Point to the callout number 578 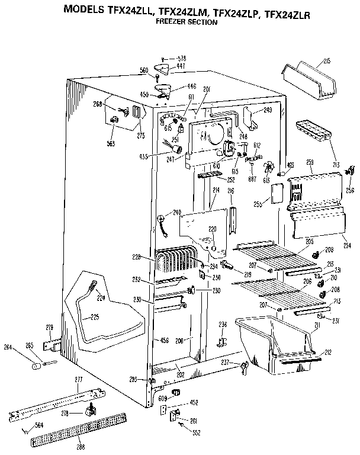point(182,58)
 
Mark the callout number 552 point(196,433)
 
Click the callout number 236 point(222,323)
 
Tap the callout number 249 point(268,110)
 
